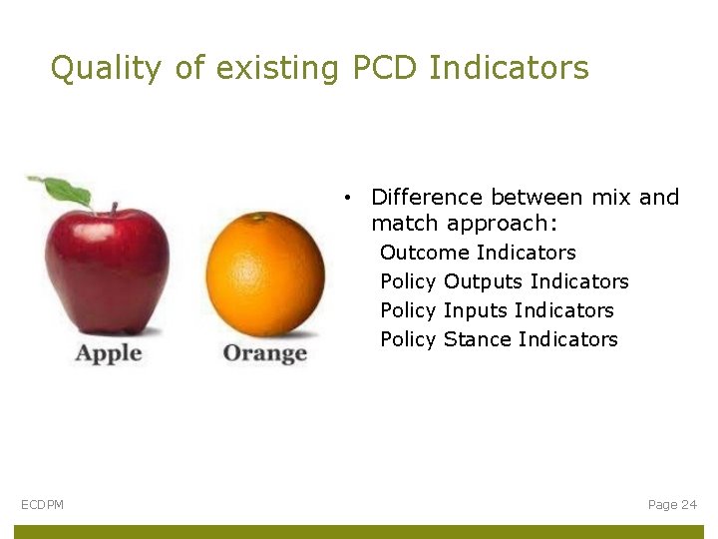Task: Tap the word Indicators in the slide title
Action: [509, 68]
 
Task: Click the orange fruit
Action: [265, 273]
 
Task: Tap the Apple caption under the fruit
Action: [109, 353]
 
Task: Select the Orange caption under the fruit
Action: [264, 353]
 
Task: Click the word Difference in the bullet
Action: [426, 197]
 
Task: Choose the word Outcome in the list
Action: [425, 253]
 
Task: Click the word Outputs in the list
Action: [484, 281]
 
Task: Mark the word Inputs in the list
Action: [477, 310]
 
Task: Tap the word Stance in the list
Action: [478, 339]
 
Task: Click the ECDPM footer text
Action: [42, 505]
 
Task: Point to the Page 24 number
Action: [672, 505]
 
